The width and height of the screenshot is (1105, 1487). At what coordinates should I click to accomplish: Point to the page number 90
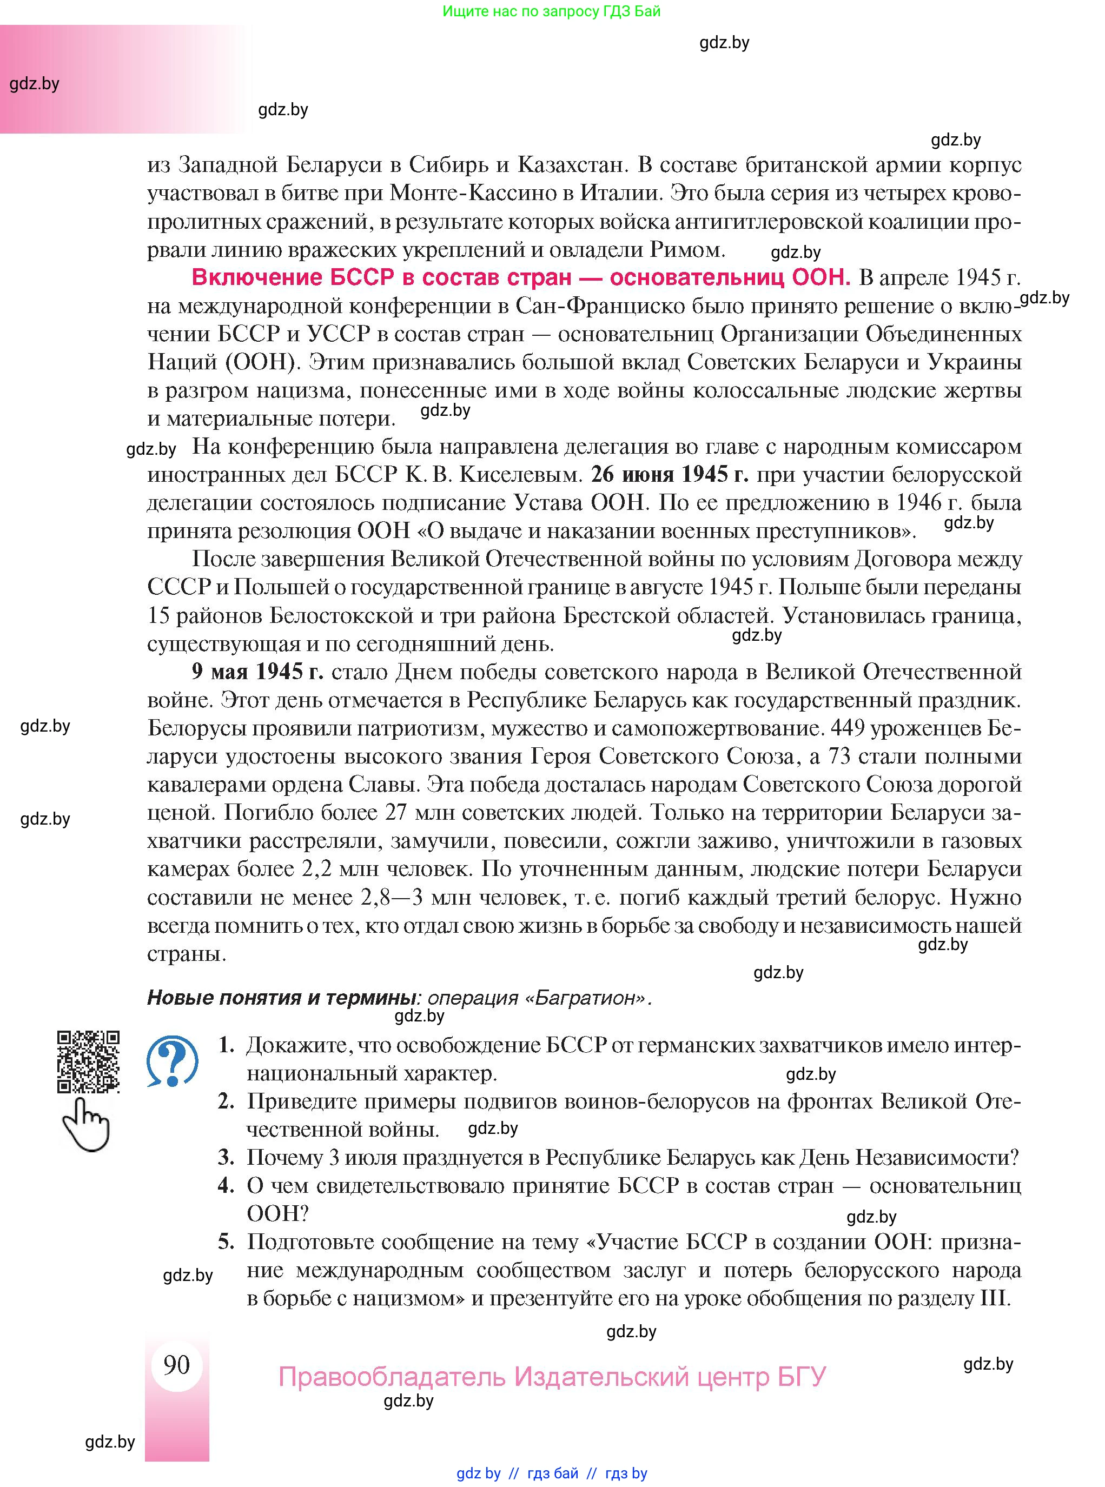click(x=176, y=1364)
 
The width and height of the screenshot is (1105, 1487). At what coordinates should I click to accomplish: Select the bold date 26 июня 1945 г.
click(x=670, y=474)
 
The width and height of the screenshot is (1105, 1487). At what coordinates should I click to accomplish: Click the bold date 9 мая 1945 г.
click(x=257, y=671)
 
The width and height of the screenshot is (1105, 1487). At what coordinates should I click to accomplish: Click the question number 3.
click(x=226, y=1157)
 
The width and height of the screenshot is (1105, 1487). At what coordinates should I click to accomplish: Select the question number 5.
click(x=226, y=1241)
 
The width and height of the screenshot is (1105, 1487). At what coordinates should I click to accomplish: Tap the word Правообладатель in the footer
click(x=392, y=1377)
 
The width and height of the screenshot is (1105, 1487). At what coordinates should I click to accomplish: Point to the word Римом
click(x=687, y=249)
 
